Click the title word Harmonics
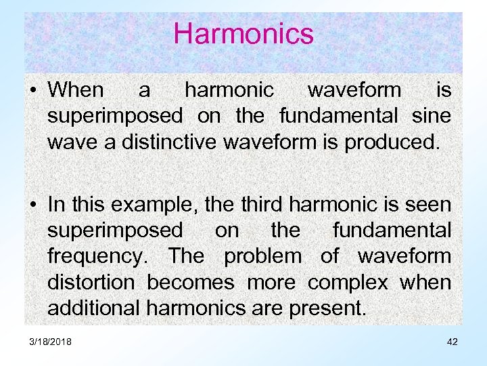(243, 34)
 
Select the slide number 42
(452, 342)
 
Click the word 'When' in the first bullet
(76, 90)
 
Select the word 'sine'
(431, 116)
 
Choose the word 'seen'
(427, 204)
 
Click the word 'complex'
(348, 282)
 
